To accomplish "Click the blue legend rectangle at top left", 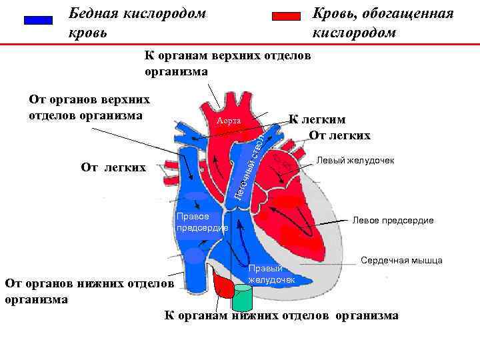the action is tap(38, 21).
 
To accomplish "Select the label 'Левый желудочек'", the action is tap(355, 161).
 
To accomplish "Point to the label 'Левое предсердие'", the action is tap(393, 220).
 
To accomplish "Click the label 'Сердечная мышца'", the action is tap(402, 261).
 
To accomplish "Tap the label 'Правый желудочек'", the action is tap(271, 273).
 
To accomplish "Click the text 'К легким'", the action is tap(317, 120).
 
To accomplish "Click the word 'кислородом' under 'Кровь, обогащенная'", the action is tap(353, 33).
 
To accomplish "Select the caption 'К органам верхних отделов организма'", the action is tap(227, 62).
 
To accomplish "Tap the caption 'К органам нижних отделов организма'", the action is tap(281, 315).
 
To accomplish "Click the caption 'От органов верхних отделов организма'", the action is tap(89, 107).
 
